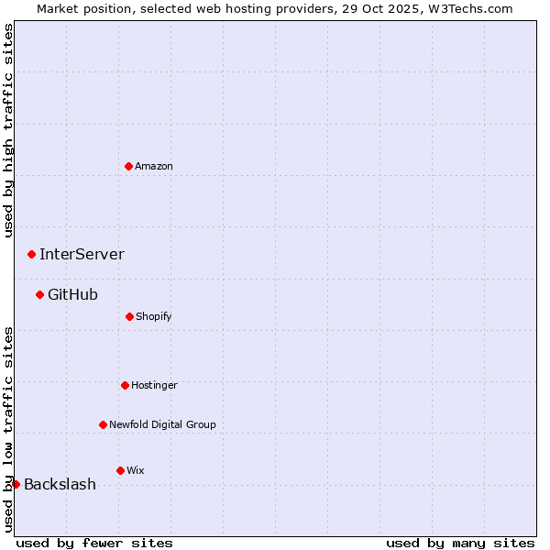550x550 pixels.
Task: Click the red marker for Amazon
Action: (x=128, y=166)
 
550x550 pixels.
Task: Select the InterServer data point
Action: (x=31, y=254)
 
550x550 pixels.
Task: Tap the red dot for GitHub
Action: (x=39, y=294)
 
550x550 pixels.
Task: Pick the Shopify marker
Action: (x=129, y=316)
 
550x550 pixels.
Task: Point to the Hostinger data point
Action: (x=125, y=385)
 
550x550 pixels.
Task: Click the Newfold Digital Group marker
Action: (x=103, y=424)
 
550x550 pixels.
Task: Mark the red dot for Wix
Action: (x=120, y=470)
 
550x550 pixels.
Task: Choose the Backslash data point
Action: (x=16, y=484)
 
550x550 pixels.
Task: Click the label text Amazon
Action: (x=154, y=166)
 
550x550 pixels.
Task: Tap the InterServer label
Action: (x=82, y=254)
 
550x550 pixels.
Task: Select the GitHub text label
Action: (x=72, y=294)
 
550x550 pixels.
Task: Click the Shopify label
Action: (x=154, y=316)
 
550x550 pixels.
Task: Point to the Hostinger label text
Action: (x=154, y=385)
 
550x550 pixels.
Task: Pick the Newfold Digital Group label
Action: (x=162, y=424)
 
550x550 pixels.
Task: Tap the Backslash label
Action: (x=60, y=484)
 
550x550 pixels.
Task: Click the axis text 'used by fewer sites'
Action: (x=94, y=543)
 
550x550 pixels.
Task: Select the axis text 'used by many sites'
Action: (x=460, y=543)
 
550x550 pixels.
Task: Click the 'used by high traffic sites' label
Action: (x=8, y=130)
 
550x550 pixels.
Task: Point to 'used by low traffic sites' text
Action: (x=8, y=429)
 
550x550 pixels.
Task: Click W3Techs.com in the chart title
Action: (x=468, y=8)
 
